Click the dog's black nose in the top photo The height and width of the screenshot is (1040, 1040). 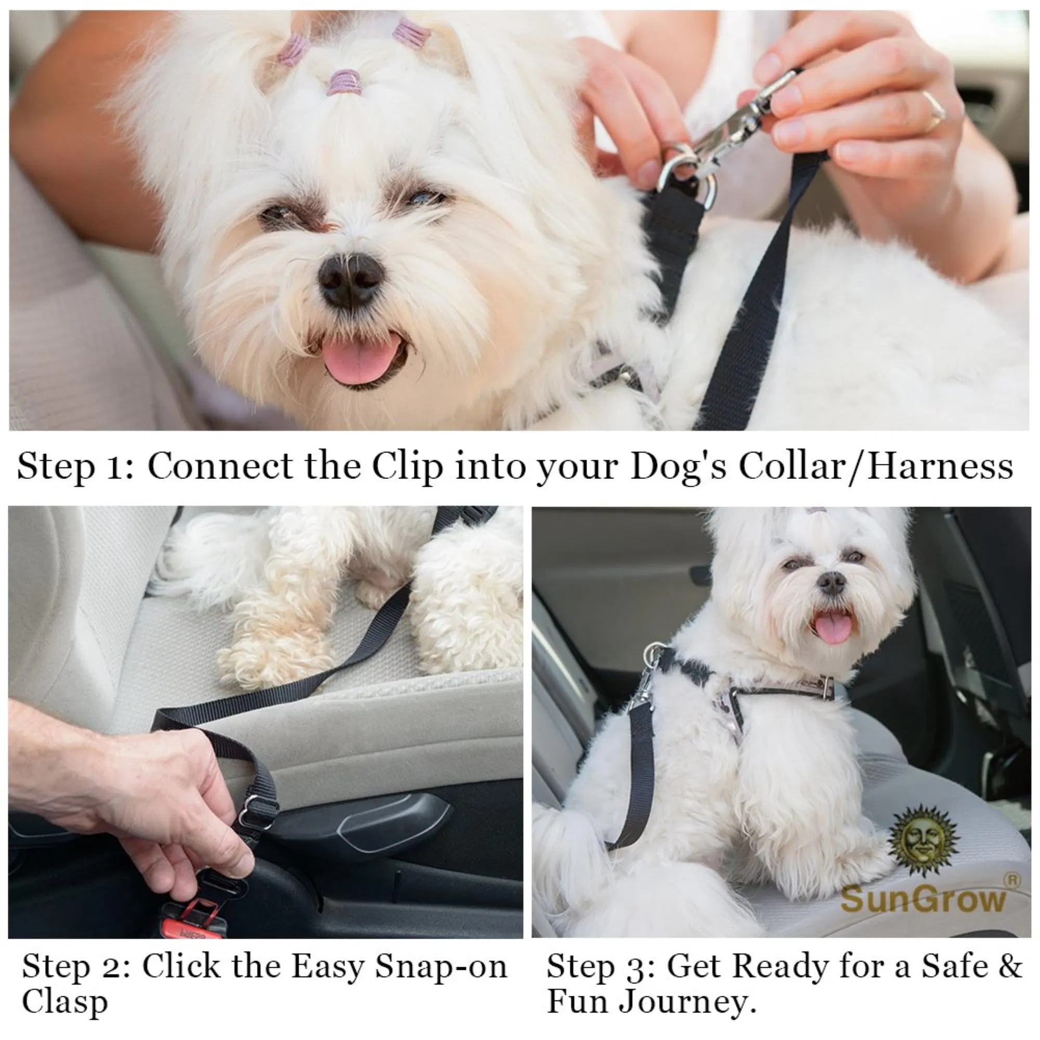351,276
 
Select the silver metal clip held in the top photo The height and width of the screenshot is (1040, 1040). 727,129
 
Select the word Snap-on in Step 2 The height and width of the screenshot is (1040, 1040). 441,966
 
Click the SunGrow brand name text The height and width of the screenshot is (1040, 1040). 922,899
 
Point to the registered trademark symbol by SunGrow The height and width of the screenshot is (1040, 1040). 1012,879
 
